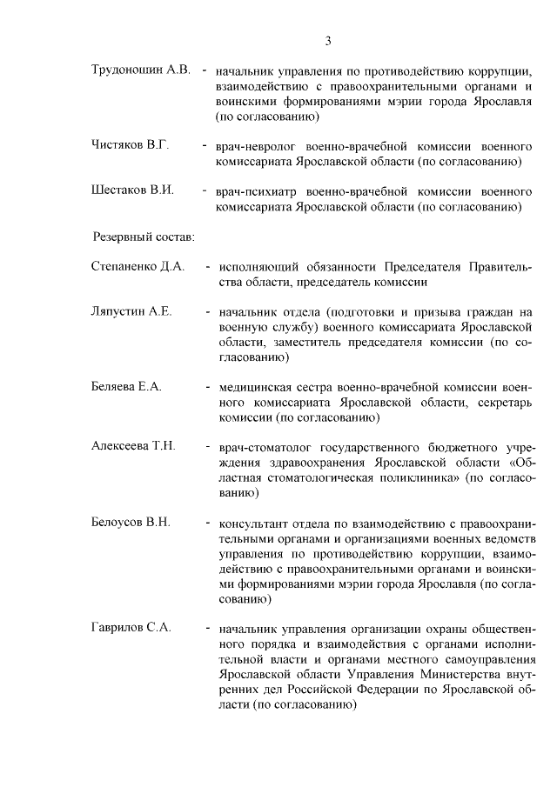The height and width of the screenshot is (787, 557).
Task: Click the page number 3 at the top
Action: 328,41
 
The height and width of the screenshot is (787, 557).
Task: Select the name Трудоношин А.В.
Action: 140,70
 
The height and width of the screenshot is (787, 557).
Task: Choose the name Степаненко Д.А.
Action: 138,266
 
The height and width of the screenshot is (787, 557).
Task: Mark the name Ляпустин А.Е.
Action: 132,311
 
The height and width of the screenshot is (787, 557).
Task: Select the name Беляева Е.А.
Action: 127,386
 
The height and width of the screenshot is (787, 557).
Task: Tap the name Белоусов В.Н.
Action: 131,522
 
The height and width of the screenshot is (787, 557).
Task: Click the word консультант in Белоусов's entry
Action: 255,523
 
